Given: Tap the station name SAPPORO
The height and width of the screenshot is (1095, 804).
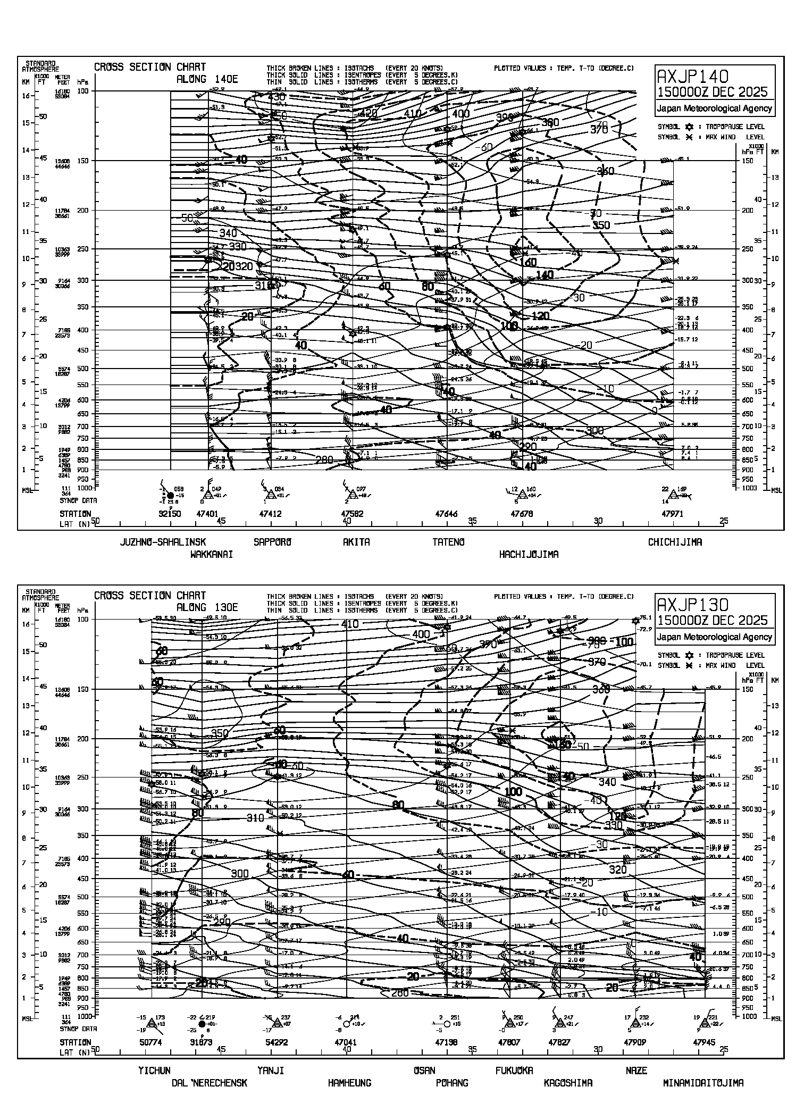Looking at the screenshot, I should [x=273, y=542].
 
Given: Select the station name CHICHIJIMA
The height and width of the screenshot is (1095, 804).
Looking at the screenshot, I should [x=674, y=542].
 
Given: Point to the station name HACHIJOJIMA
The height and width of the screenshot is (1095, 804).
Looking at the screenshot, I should [x=529, y=554].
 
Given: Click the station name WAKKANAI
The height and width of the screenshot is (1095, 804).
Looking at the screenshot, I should [x=212, y=554].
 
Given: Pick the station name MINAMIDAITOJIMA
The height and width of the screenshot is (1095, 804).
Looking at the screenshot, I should [x=703, y=1082].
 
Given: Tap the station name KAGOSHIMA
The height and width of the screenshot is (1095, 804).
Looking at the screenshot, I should [x=568, y=1082].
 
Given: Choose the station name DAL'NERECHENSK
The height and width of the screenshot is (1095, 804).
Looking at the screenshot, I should [x=209, y=1082].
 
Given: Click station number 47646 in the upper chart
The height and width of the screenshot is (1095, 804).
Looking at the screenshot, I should [x=446, y=514].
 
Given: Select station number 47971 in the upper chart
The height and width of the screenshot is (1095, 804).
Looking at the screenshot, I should [x=672, y=514].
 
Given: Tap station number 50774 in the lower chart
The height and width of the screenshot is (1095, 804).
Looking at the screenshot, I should [x=152, y=1042].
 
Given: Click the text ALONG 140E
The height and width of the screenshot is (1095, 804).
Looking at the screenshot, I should [x=207, y=79].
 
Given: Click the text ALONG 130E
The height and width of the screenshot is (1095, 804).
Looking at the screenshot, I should [x=207, y=607].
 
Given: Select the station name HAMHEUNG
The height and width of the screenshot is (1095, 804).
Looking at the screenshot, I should [x=349, y=1082].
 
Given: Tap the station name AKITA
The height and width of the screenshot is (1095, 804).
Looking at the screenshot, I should [x=356, y=542].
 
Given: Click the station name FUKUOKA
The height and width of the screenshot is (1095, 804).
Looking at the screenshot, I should [x=514, y=1070].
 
